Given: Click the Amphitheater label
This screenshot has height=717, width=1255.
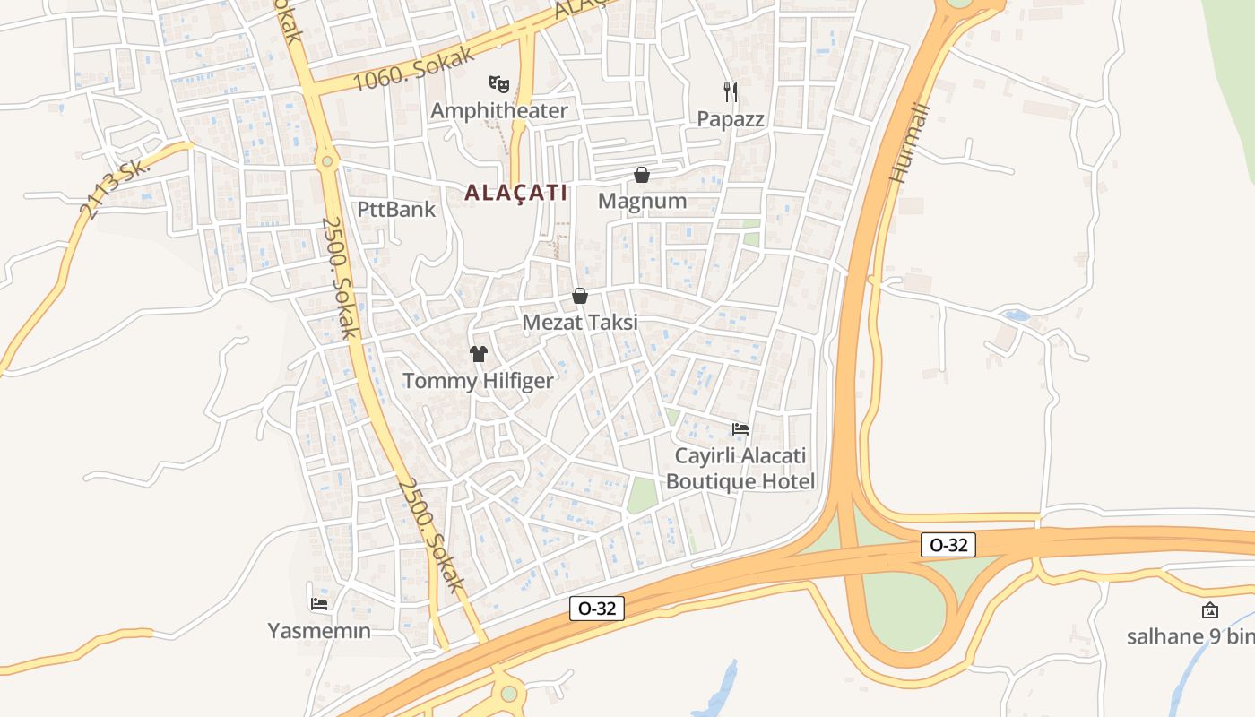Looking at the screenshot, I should (498, 111).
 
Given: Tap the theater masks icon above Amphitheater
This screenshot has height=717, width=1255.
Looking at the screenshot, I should (499, 84).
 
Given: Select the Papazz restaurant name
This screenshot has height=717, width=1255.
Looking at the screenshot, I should (731, 119).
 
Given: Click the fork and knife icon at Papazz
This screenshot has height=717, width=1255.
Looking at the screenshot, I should (731, 91).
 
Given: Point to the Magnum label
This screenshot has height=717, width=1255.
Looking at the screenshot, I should (642, 201).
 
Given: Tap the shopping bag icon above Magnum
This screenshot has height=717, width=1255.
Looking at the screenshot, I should (642, 175).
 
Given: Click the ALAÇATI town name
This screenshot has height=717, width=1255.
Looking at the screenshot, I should (515, 193).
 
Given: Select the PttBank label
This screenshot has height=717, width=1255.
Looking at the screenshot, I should (396, 210).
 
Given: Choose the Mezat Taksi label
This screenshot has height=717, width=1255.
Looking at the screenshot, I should (580, 323).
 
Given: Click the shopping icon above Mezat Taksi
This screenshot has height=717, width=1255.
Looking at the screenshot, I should (580, 296).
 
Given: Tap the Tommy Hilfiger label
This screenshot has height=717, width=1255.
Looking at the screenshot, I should (478, 381).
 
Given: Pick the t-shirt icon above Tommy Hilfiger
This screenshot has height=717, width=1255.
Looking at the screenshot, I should (478, 354).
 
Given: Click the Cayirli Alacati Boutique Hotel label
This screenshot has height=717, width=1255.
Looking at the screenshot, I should (740, 469).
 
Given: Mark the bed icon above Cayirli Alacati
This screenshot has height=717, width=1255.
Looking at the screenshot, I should (740, 429).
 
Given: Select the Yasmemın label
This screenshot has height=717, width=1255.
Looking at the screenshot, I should (319, 631).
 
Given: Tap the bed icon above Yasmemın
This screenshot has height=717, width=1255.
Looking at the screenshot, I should (318, 604).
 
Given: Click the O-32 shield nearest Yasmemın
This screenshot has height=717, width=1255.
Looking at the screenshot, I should (597, 609).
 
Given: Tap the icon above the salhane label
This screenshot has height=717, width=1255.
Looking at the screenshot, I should (1210, 611).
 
